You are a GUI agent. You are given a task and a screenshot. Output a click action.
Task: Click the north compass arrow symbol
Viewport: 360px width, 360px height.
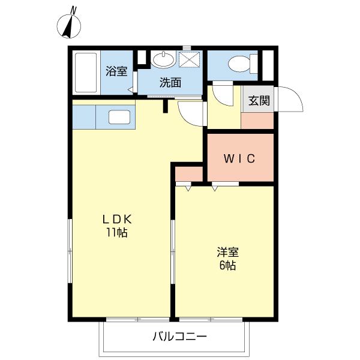70,26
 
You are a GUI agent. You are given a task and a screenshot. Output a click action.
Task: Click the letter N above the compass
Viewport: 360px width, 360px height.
73,10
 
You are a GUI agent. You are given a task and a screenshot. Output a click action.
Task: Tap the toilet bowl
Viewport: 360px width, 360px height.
240,62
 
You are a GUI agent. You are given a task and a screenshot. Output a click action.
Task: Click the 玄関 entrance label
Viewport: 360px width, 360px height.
259,101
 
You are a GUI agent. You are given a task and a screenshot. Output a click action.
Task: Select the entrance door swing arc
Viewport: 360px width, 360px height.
286,98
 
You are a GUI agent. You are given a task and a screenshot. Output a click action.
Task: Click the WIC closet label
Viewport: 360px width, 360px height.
240,159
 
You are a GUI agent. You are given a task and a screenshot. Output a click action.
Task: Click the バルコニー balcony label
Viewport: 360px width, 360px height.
179,337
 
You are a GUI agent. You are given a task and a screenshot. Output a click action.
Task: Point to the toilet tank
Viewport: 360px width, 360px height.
254,62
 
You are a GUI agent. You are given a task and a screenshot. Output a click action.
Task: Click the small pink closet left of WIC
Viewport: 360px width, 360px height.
188,175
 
